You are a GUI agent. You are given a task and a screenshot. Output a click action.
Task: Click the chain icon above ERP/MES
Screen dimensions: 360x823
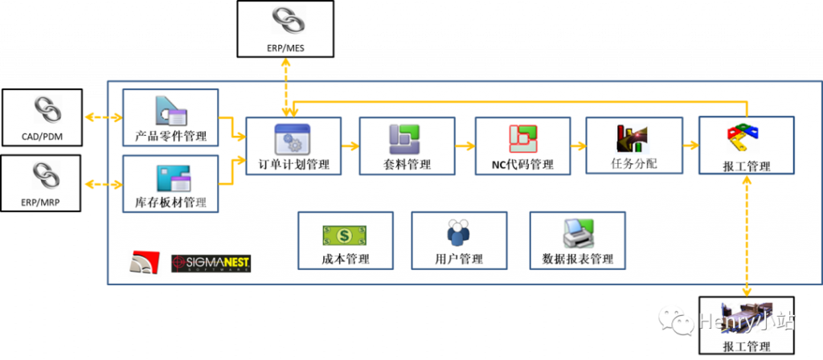[x=285, y=20]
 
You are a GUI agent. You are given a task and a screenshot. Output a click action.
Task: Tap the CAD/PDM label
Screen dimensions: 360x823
[x=42, y=137]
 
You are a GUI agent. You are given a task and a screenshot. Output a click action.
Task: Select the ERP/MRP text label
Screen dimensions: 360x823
[x=42, y=203]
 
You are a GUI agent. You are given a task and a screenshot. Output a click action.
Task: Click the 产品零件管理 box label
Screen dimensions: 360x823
[x=170, y=136]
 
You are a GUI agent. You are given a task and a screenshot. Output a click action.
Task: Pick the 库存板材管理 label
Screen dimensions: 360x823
[x=170, y=203]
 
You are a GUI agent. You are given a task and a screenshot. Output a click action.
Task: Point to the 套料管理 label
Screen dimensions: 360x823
[x=407, y=165]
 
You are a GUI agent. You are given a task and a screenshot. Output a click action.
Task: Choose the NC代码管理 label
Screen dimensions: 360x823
[x=523, y=165]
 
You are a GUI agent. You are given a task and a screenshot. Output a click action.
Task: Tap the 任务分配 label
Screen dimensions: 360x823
[x=633, y=164]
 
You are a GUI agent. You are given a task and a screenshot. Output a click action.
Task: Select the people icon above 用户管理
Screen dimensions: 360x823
[x=458, y=234]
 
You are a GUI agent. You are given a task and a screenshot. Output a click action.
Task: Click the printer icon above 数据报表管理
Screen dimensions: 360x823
[x=577, y=233]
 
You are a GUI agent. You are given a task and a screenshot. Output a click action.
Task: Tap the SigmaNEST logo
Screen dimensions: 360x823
[x=216, y=263]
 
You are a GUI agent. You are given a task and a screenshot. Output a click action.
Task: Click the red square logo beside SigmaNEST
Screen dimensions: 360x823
[x=145, y=263]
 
